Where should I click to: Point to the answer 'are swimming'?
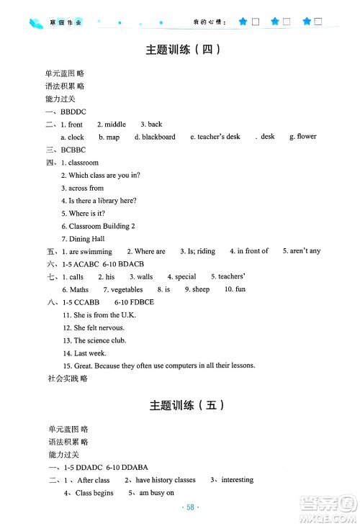click(90, 251)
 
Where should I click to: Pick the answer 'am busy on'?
click(155, 493)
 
